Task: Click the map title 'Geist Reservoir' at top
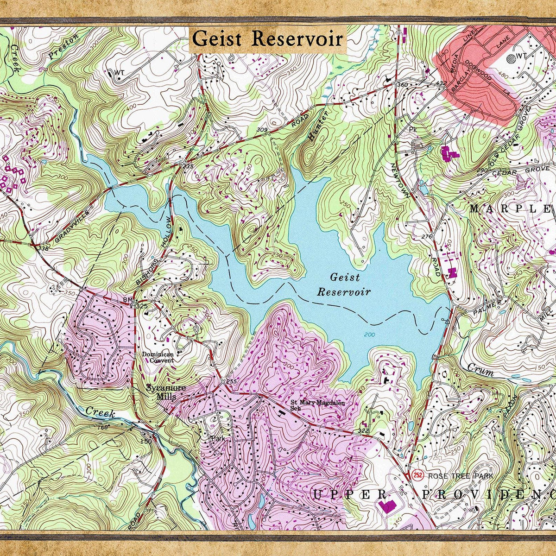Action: click(267, 39)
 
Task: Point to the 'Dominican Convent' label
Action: click(158, 357)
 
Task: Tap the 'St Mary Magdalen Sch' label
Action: click(317, 405)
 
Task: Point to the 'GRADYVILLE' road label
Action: click(71, 226)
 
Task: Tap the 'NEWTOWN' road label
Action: click(400, 181)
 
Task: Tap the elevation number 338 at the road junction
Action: click(43, 249)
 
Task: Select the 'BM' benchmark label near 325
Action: click(127, 301)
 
